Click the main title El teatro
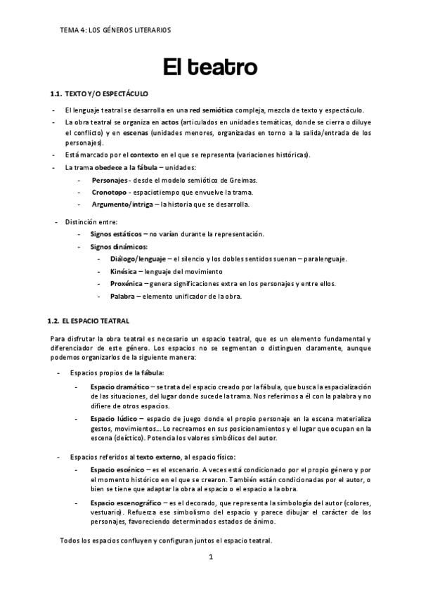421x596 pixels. pyautogui.click(x=210, y=68)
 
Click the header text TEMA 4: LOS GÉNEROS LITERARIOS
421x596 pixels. pyautogui.click(x=116, y=30)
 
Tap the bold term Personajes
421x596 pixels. pyautogui.click(x=108, y=180)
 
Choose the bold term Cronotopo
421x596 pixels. pyautogui.click(x=108, y=192)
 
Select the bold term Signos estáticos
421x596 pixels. pyautogui.click(x=115, y=234)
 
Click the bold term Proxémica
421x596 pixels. pyautogui.click(x=127, y=284)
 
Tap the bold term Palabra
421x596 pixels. pyautogui.click(x=122, y=297)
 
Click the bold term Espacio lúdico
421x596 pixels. pyautogui.click(x=112, y=419)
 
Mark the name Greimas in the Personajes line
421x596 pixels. pyautogui.click(x=242, y=180)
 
